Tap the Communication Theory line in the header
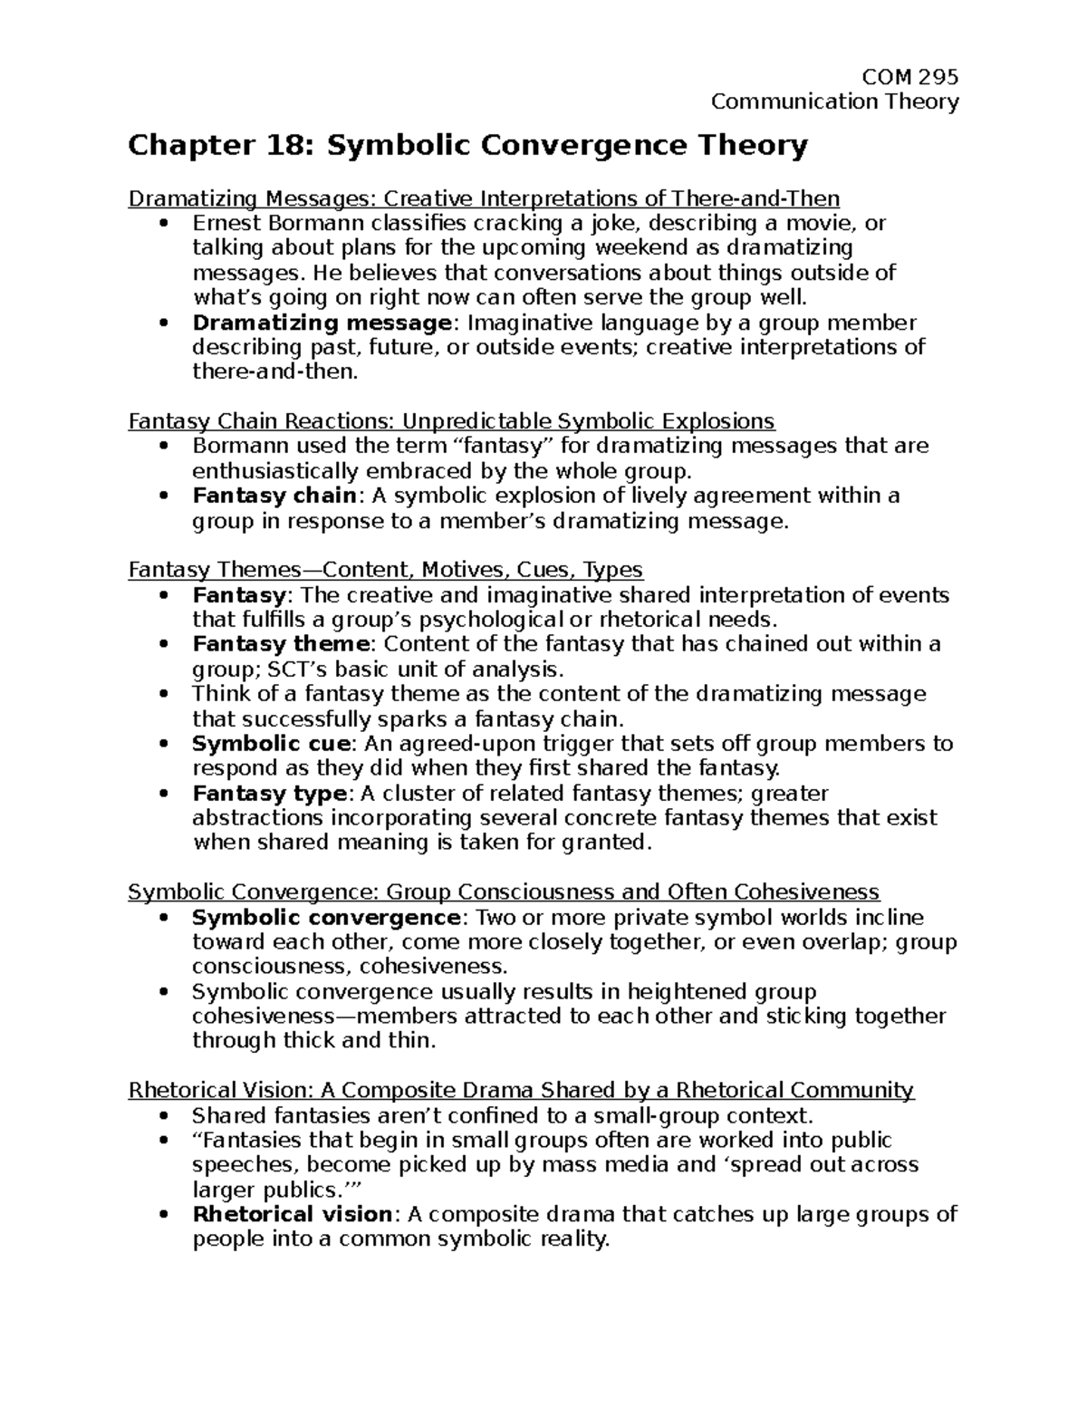point(834,101)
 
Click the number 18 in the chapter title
point(274,145)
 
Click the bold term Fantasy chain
point(274,496)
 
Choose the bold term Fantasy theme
point(281,644)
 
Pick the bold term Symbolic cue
point(271,744)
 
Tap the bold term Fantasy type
point(269,794)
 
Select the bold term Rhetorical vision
point(293,1214)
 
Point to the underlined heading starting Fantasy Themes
point(385,570)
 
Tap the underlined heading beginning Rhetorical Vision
point(521,1090)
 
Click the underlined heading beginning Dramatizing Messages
point(484,198)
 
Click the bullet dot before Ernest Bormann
point(163,224)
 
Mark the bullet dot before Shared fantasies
point(163,1115)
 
